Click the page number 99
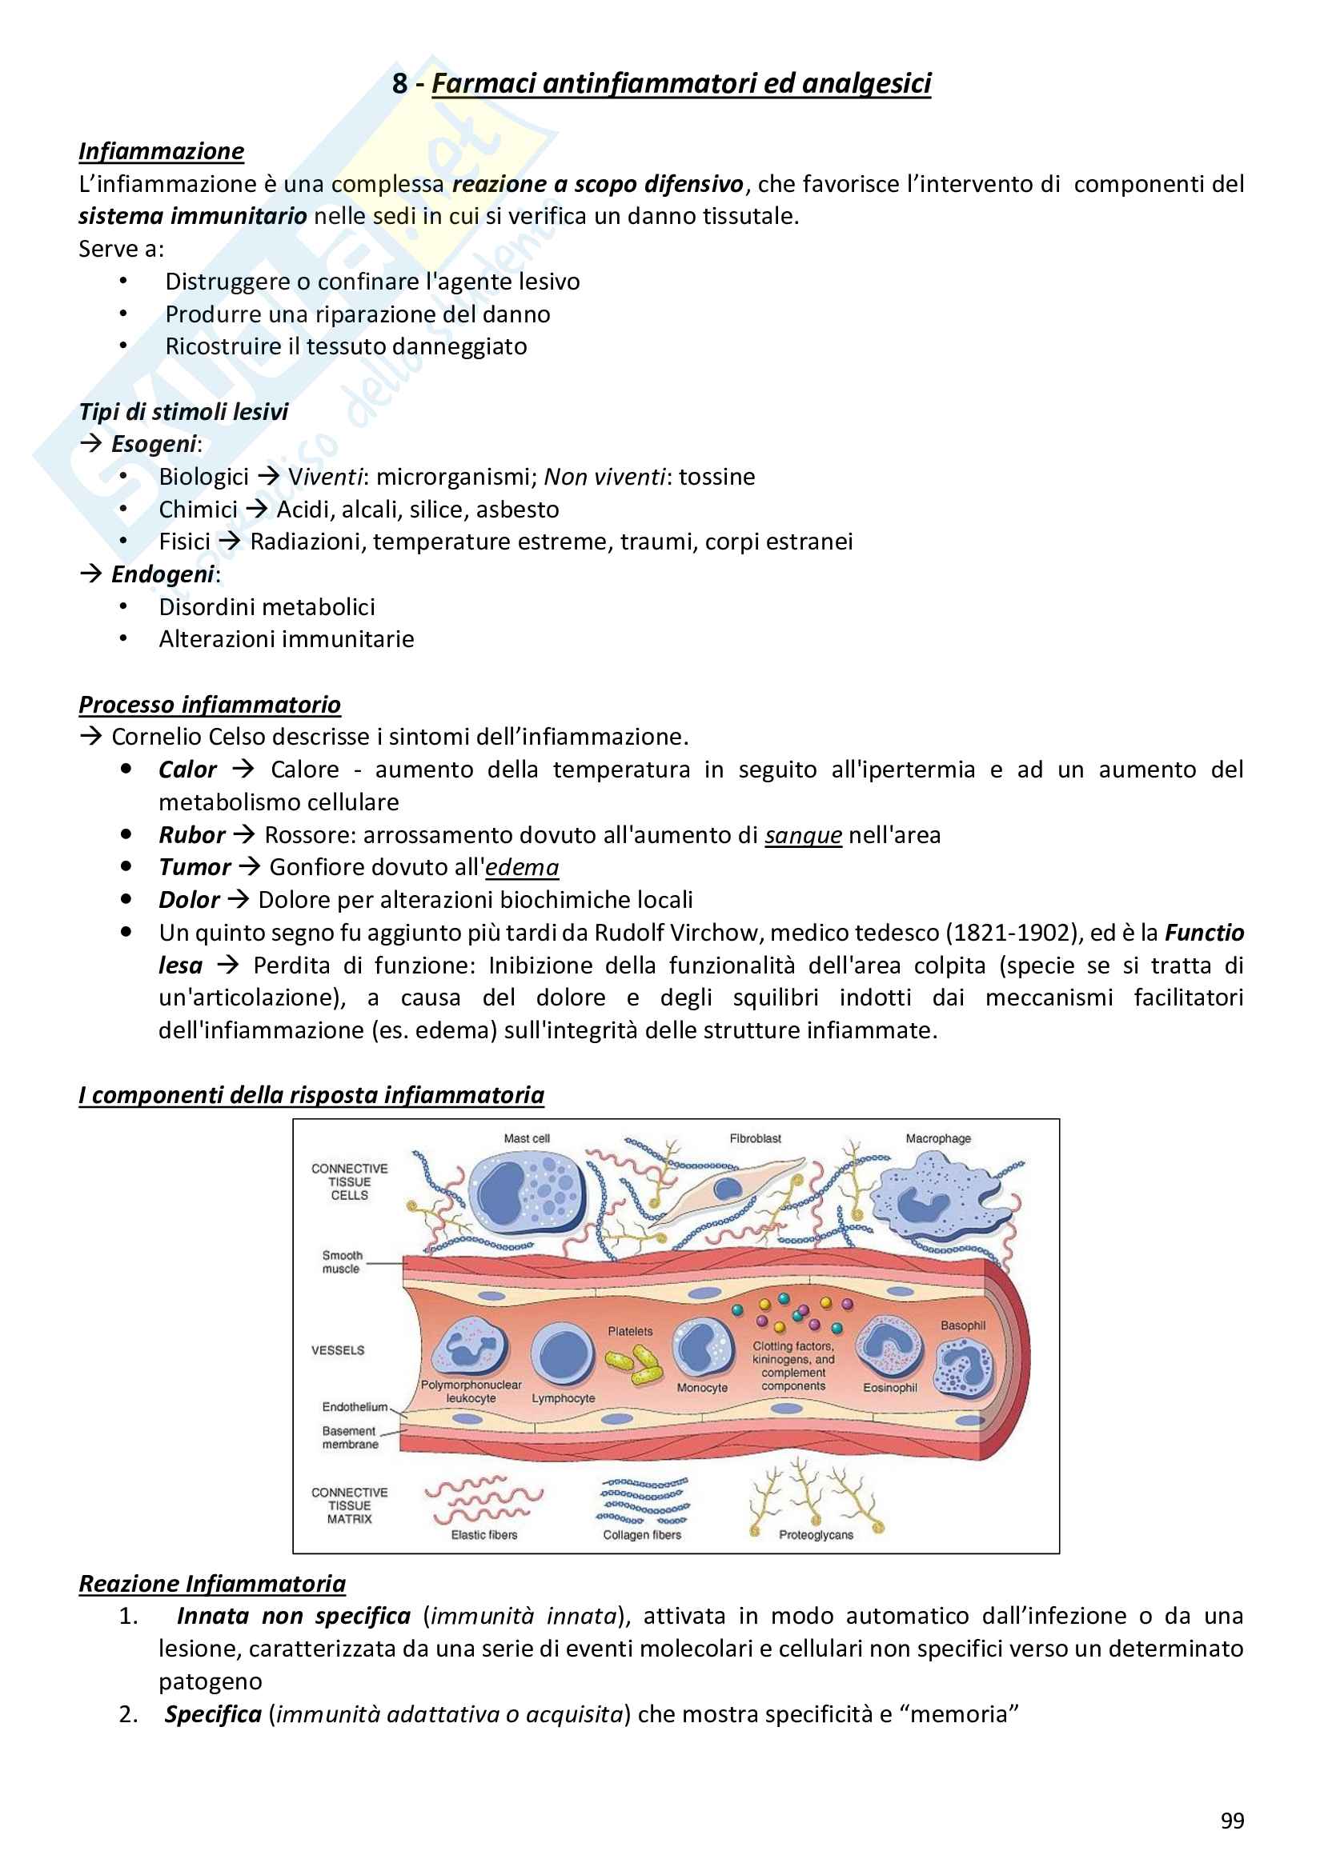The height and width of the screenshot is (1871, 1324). click(x=1232, y=1821)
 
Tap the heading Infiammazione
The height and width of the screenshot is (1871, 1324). click(x=162, y=151)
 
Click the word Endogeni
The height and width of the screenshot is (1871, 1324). click(x=163, y=574)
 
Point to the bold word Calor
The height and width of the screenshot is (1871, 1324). click(x=187, y=770)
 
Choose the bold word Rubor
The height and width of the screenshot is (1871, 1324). click(x=191, y=835)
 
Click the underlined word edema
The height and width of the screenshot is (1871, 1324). click(x=522, y=868)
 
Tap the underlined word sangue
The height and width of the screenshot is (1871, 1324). click(x=803, y=835)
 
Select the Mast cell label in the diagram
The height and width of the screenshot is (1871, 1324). click(x=527, y=1138)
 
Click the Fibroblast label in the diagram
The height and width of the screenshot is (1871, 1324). click(x=755, y=1138)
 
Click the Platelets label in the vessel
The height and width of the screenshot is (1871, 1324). click(x=630, y=1332)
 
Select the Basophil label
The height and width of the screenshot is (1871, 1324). click(x=963, y=1325)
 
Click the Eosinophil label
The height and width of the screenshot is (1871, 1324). click(x=890, y=1388)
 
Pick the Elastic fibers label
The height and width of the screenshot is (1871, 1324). click(x=484, y=1535)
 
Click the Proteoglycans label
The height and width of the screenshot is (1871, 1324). click(x=816, y=1535)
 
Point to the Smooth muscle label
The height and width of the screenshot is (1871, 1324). click(x=342, y=1262)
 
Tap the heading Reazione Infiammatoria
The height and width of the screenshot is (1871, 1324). click(x=212, y=1584)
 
